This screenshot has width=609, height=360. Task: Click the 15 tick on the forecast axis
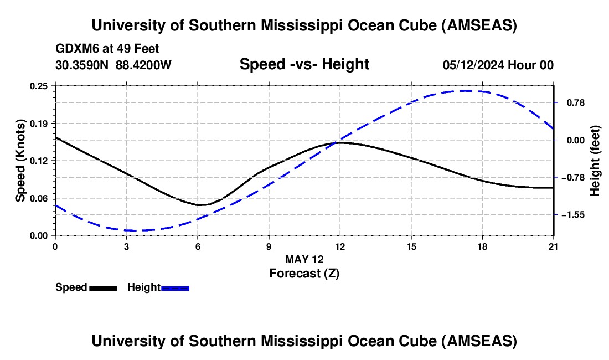pyautogui.click(x=411, y=246)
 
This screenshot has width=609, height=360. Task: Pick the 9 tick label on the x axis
pyautogui.click(x=269, y=246)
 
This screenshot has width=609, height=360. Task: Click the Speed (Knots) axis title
pyautogui.click(x=20, y=160)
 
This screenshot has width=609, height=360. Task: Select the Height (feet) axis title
pyautogui.click(x=596, y=161)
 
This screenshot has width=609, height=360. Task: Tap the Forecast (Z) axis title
pyautogui.click(x=304, y=273)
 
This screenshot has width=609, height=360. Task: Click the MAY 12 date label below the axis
pyautogui.click(x=304, y=259)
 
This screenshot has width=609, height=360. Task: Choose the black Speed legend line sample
pyautogui.click(x=103, y=288)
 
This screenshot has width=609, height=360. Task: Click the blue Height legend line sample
pyautogui.click(x=175, y=288)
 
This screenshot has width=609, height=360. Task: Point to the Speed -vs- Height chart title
pyautogui.click(x=304, y=64)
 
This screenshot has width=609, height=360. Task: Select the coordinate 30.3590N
pyautogui.click(x=82, y=65)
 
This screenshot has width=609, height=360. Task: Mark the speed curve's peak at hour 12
pyautogui.click(x=339, y=142)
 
